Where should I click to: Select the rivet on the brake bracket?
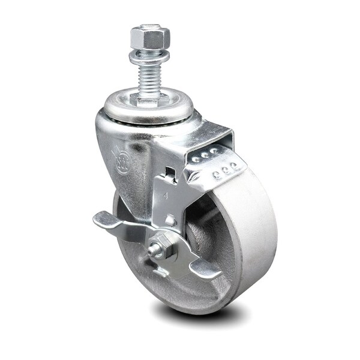tap(170, 220)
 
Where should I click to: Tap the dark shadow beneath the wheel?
tap(198, 312)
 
